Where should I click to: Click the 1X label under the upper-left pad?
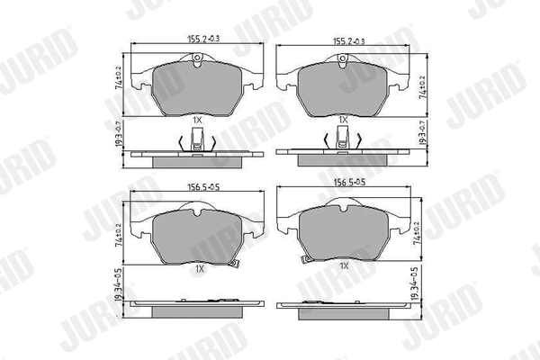click(198, 119)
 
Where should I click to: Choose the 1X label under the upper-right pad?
click(343, 119)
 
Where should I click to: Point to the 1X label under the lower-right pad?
click(343, 267)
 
